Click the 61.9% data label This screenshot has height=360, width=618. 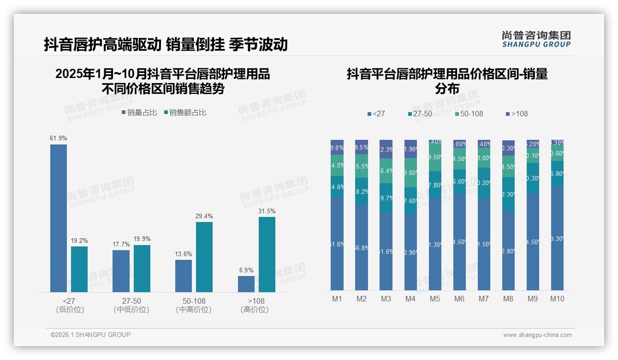pyautogui.click(x=59, y=138)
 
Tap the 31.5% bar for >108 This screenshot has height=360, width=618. pyautogui.click(x=267, y=254)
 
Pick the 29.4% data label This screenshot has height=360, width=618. pyautogui.click(x=204, y=216)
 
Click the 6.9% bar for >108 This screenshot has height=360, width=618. pyautogui.click(x=246, y=284)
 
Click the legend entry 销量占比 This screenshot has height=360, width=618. pyautogui.click(x=139, y=113)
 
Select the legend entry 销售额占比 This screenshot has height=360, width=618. pyautogui.click(x=185, y=113)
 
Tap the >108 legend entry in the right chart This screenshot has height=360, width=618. pyautogui.click(x=517, y=114)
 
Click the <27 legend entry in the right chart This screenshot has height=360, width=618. pyautogui.click(x=376, y=114)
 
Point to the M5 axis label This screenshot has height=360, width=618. pyautogui.click(x=434, y=299)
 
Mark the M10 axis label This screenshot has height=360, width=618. pyautogui.click(x=557, y=299)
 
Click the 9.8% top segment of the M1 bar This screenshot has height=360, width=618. pyautogui.click(x=337, y=147)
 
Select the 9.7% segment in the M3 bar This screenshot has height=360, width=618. pyautogui.click(x=386, y=198)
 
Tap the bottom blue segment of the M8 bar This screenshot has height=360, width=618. pyautogui.click(x=508, y=251)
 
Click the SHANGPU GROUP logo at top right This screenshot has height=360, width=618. pyautogui.click(x=536, y=39)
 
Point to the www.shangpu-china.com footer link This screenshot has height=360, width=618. pyautogui.click(x=537, y=335)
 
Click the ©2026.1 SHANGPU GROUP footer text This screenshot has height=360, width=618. pyautogui.click(x=90, y=335)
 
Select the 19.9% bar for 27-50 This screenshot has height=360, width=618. pyautogui.click(x=142, y=268)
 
